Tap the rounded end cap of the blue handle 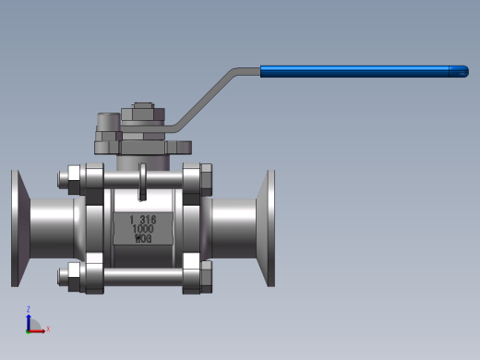point(459,71)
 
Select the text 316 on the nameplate point(148,220)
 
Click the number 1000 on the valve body point(143,229)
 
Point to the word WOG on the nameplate point(143,238)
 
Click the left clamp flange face point(20,228)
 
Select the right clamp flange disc point(267,228)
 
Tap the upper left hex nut point(74,180)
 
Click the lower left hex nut point(74,277)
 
